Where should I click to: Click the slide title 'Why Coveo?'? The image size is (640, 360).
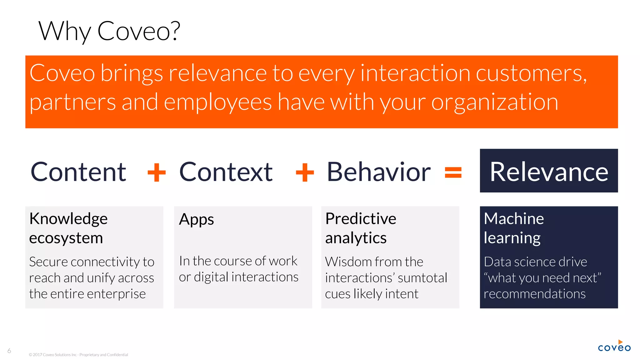pos(109,31)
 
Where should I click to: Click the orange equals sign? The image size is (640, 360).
pos(453,172)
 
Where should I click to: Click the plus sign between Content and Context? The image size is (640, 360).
pos(157,172)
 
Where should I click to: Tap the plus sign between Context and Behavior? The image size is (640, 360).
pos(305,172)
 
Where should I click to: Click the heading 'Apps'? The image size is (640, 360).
pos(196,219)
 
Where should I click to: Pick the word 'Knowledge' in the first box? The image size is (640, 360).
pos(68,219)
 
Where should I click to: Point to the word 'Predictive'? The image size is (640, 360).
pos(361,218)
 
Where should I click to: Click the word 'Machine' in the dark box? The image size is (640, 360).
pos(514,218)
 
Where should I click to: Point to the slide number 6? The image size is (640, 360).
pos(9,351)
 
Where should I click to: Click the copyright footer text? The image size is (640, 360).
pos(78,355)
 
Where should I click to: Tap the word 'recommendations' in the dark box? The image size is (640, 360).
pos(534,294)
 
